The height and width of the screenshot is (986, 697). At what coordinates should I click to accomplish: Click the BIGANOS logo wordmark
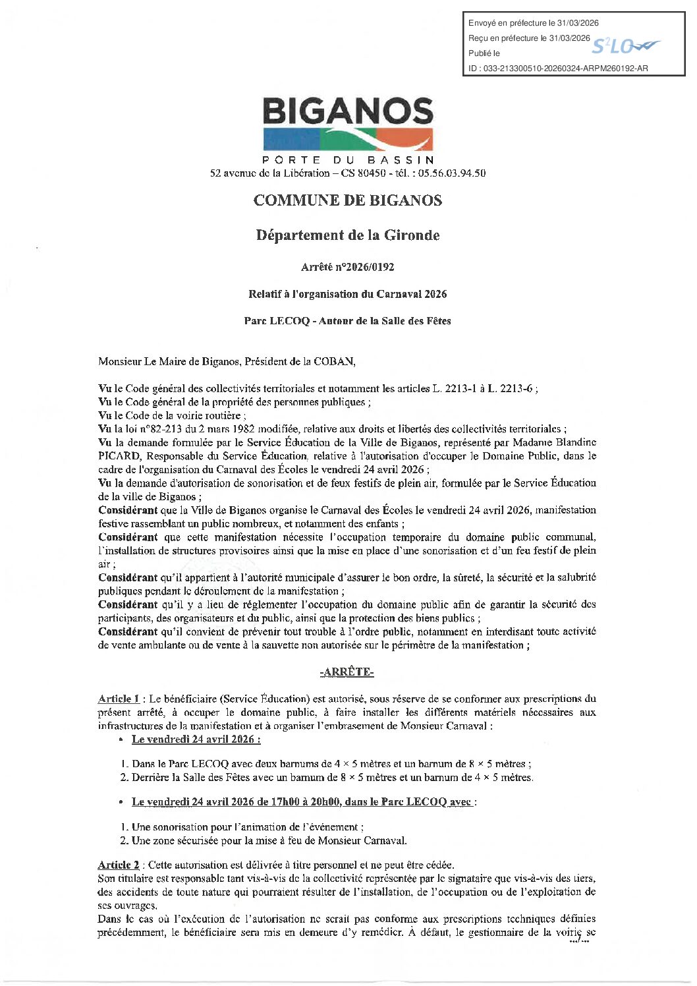point(348,111)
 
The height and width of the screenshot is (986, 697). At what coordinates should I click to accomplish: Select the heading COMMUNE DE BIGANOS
point(348,200)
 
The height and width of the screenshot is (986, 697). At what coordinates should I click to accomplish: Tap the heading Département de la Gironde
point(348,235)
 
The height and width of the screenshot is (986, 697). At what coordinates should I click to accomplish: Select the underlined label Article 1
point(119,699)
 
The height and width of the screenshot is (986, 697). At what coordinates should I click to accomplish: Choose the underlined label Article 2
point(119,865)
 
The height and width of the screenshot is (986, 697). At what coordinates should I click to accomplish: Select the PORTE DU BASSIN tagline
point(348,159)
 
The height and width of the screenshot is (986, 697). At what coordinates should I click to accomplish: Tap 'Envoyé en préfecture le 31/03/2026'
point(534,23)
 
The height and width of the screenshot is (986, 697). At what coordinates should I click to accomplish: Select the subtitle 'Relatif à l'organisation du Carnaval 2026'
point(348,294)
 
